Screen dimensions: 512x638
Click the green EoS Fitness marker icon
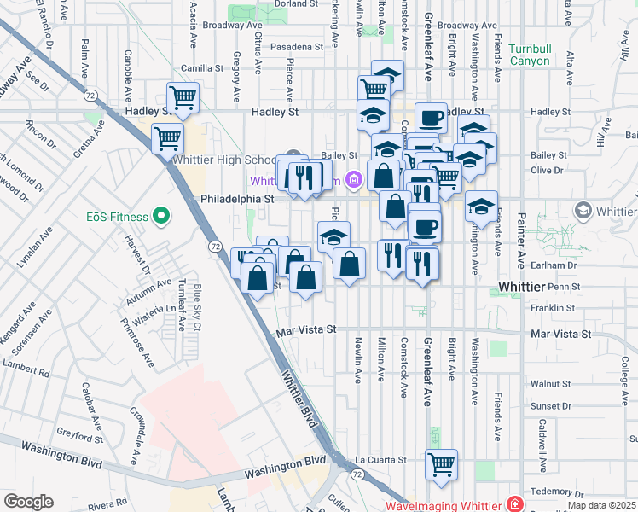(159, 217)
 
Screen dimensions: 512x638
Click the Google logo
(28, 502)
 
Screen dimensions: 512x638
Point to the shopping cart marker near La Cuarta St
(441, 464)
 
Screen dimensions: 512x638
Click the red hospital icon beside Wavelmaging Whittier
(513, 505)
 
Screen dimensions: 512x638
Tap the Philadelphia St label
(235, 198)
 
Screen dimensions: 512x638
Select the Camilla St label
(201, 68)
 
